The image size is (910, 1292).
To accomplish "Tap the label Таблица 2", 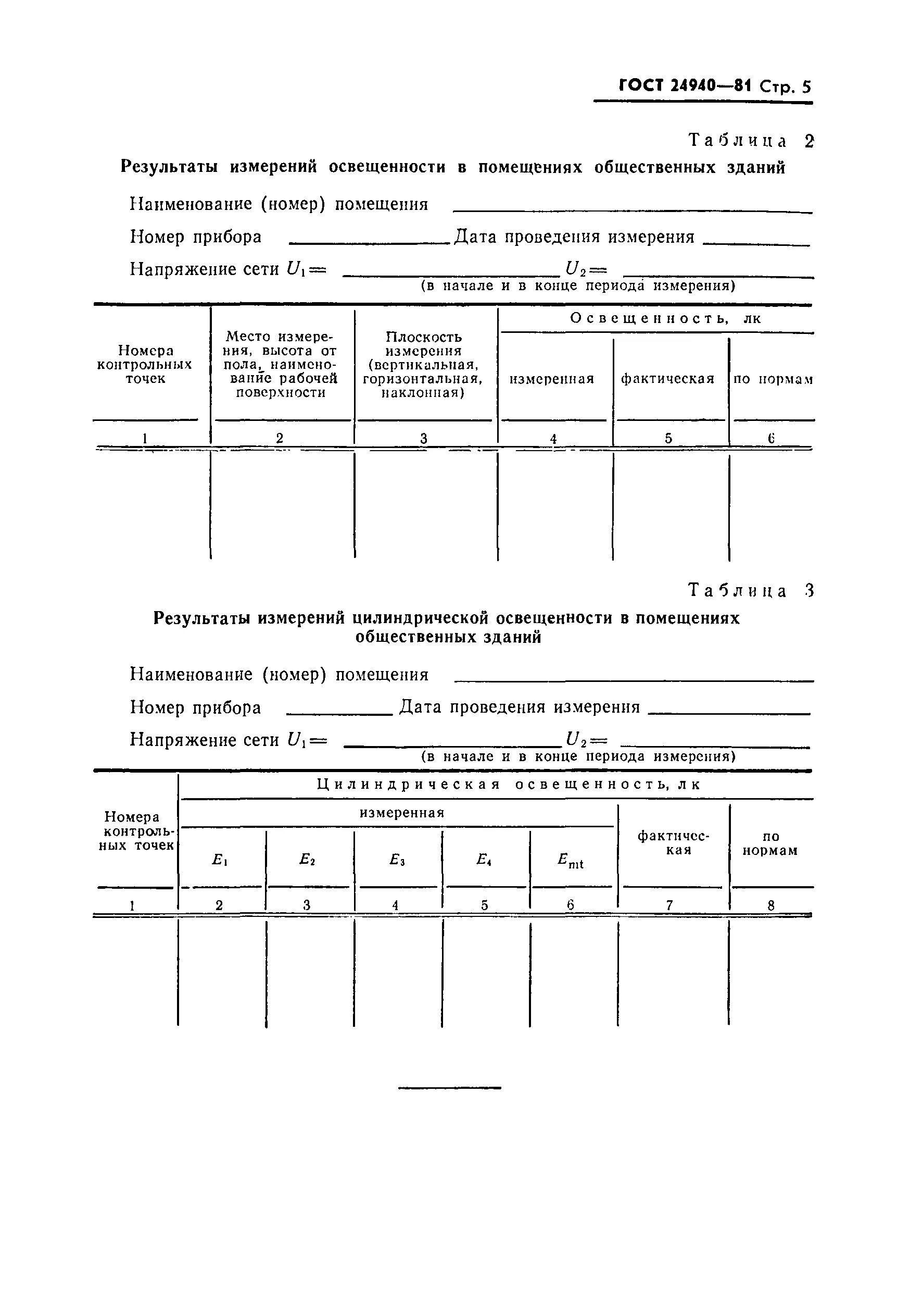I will click(751, 140).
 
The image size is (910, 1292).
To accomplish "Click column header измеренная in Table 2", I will click(552, 379).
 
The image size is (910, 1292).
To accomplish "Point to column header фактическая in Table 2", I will click(667, 379).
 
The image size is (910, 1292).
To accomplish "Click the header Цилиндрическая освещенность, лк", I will click(509, 785).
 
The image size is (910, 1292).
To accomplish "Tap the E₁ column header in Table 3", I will click(219, 859).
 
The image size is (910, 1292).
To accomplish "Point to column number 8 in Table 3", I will click(770, 905).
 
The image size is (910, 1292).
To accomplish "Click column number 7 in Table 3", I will click(669, 905).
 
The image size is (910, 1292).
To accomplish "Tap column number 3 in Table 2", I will click(424, 438).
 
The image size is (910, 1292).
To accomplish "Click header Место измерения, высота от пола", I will click(280, 351).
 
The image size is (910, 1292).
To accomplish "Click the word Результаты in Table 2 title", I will click(169, 167).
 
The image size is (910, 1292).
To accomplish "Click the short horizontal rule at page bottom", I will click(449, 1088).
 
